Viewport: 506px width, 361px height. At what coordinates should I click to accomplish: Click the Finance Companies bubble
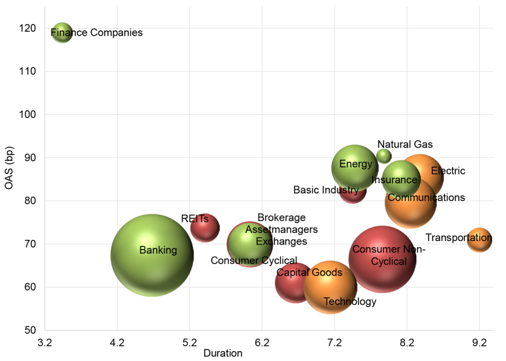62,33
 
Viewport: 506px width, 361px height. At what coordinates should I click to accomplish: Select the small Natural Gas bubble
384,156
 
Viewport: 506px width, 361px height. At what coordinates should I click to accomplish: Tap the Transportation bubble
479,240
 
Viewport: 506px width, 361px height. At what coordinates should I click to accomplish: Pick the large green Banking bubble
152,255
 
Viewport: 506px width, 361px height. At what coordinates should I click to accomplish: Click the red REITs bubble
205,227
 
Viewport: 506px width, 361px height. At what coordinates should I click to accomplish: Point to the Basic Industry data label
326,190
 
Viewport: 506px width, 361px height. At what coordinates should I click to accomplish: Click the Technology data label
350,301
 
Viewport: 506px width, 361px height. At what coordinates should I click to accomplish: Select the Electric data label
448,171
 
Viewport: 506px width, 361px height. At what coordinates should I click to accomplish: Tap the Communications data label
426,198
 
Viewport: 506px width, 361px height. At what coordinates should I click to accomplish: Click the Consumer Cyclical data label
254,260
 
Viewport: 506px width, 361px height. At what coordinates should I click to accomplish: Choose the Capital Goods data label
309,273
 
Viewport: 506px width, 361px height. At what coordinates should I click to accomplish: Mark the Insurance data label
394,180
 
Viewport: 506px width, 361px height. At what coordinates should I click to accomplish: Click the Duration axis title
223,353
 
